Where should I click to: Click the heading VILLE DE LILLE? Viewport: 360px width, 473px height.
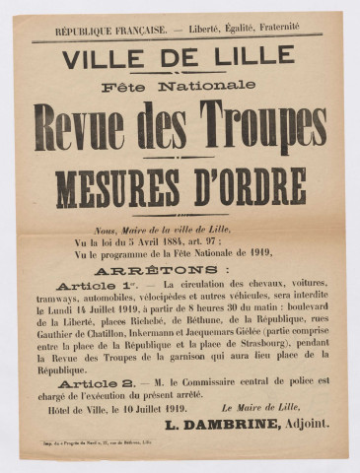point(179,59)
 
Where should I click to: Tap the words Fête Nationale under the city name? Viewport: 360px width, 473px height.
point(179,87)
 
